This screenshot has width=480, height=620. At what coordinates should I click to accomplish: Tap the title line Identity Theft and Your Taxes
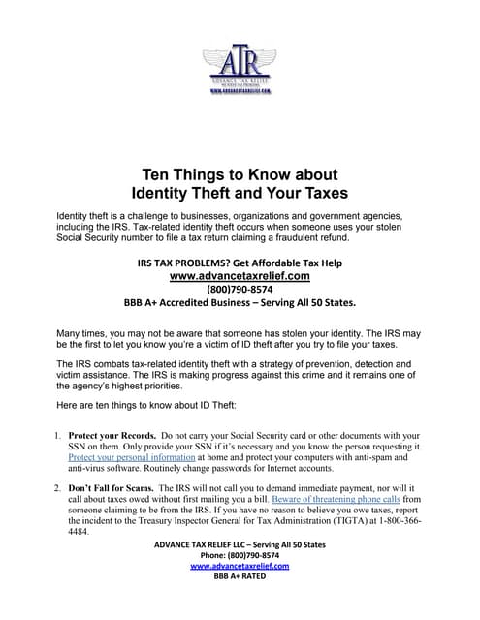(240, 193)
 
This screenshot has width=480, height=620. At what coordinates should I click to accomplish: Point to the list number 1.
(57, 436)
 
